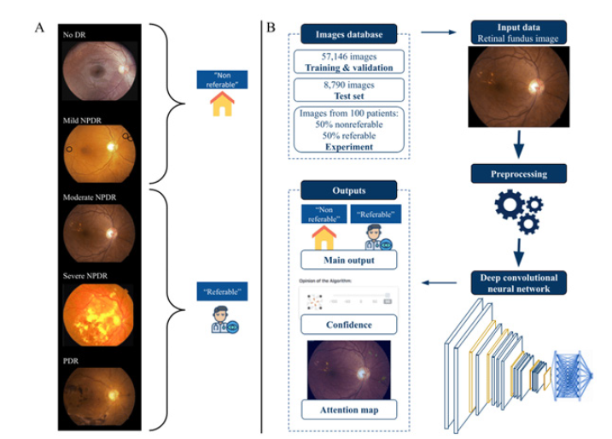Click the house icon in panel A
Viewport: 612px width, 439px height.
click(x=222, y=105)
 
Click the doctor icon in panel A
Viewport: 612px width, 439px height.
click(x=222, y=320)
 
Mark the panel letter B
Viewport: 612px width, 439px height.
click(x=271, y=27)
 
